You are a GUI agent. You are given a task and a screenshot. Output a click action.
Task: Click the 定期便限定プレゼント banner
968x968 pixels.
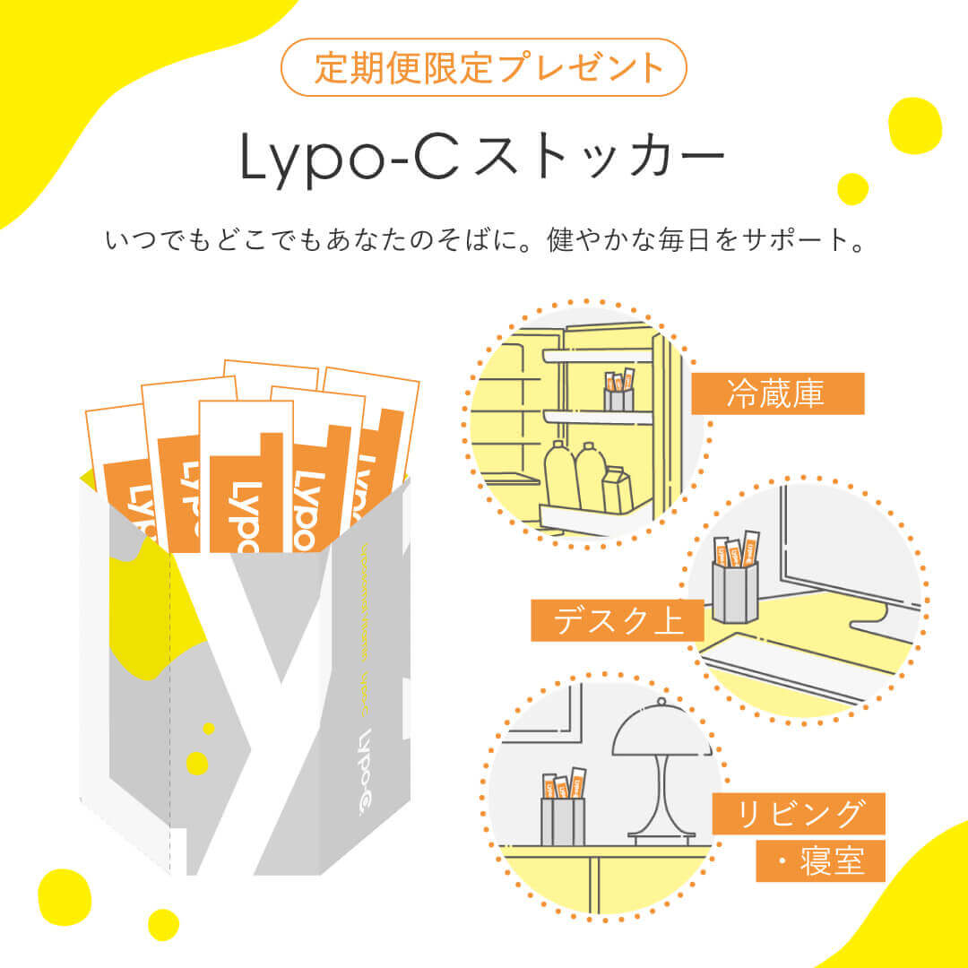(x=484, y=67)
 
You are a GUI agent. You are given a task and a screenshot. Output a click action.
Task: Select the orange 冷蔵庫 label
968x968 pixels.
(x=777, y=393)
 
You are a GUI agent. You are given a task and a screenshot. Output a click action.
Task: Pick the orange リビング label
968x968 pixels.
(x=799, y=814)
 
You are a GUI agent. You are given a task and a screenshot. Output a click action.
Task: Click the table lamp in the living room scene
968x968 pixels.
(x=661, y=771)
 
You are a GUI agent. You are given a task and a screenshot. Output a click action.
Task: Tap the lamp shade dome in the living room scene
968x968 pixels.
(x=661, y=730)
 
